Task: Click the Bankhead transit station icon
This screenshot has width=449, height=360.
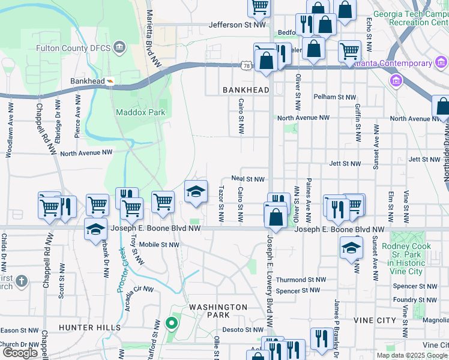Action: (110, 82)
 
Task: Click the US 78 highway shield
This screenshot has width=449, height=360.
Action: (247, 64)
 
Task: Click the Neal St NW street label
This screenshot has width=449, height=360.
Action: (248, 179)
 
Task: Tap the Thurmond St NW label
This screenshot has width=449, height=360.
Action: (301, 280)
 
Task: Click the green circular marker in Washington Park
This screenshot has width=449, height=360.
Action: (171, 325)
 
